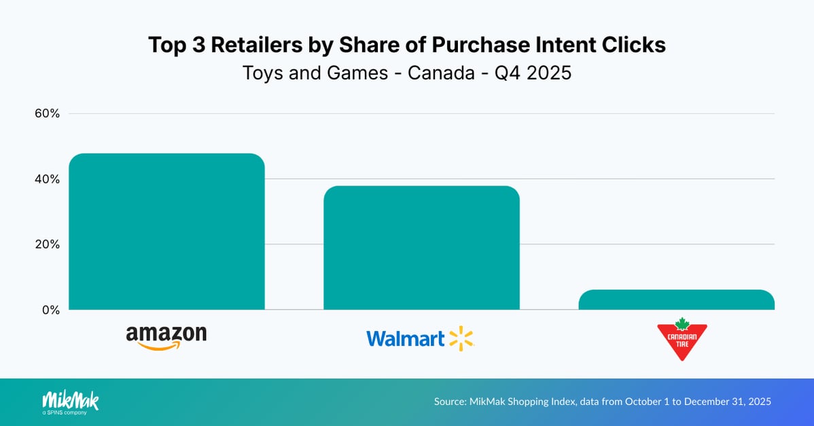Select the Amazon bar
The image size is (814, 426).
pos(166,232)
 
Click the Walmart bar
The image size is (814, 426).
pos(421,248)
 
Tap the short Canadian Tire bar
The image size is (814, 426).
pos(676,300)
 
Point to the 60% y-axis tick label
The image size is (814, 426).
pos(48,113)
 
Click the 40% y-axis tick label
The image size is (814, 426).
pos(48,179)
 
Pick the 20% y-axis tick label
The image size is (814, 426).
pos(48,244)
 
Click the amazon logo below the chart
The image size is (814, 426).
pos(166,337)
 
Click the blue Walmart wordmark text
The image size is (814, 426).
pos(406,338)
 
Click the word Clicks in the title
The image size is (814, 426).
pos(633,46)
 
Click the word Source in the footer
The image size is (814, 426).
pos(450,402)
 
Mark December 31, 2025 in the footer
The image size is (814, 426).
pos(727,402)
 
